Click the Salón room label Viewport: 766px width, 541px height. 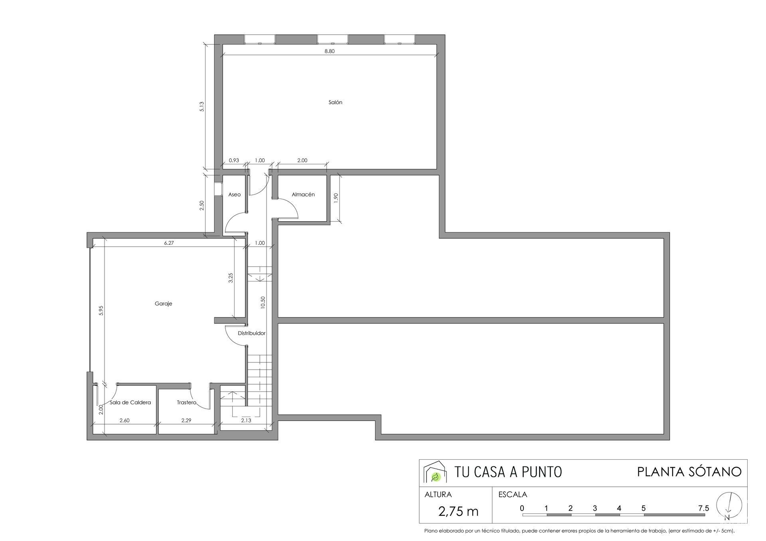[335, 102]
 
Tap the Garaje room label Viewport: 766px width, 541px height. [164, 304]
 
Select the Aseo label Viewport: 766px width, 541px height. [235, 195]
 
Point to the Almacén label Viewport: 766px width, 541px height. [303, 195]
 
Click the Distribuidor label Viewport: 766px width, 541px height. [252, 333]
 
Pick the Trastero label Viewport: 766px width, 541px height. [187, 403]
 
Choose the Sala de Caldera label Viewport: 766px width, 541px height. [130, 403]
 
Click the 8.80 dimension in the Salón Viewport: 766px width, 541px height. [330, 51]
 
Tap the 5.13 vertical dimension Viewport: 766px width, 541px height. [202, 106]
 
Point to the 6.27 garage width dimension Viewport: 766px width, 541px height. [169, 243]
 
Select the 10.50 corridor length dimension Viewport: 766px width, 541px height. [263, 303]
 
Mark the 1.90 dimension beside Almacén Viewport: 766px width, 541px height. [336, 198]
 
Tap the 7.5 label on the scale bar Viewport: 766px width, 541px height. [704, 508]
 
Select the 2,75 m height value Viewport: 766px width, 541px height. [458, 511]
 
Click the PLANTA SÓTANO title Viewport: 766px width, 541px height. [689, 472]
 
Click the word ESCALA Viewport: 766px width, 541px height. [513, 495]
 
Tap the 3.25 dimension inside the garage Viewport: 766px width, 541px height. [231, 278]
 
